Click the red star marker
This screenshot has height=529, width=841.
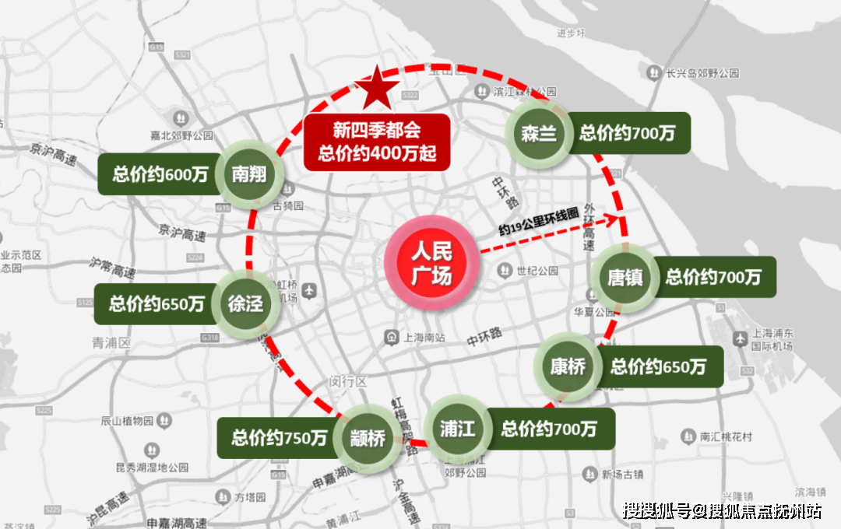tap(377, 86)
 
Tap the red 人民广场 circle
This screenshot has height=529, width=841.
tap(431, 263)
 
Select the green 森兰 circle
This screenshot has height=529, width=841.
tap(539, 134)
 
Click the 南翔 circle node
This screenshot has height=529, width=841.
tap(248, 174)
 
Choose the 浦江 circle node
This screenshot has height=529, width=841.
tap(459, 429)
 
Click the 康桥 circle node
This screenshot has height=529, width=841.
tap(568, 366)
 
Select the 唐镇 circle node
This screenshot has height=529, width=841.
tap(625, 277)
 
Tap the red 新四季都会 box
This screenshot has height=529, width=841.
tap(377, 142)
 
